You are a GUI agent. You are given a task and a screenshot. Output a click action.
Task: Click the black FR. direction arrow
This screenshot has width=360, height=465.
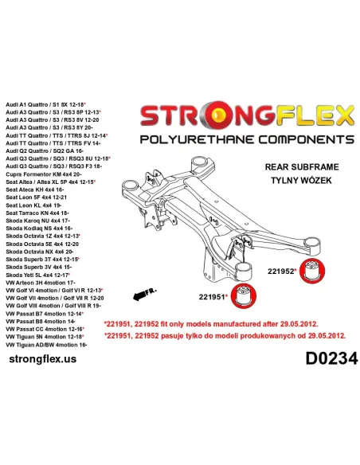pyautogui.click(x=140, y=295)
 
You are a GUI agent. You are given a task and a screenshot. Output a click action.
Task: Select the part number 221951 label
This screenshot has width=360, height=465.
pyautogui.click(x=212, y=296)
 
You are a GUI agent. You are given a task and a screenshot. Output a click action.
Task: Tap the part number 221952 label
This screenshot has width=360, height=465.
pyautogui.click(x=281, y=271)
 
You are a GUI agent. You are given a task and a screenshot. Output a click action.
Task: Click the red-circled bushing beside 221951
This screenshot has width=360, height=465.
pyautogui.click(x=244, y=295)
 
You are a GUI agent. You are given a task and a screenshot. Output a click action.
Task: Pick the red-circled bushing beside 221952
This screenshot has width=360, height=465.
pyautogui.click(x=312, y=271)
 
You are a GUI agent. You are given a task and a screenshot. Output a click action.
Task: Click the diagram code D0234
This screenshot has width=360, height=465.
pyautogui.click(x=331, y=358)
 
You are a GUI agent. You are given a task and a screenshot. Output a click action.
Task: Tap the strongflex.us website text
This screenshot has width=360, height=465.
pyautogui.click(x=43, y=359)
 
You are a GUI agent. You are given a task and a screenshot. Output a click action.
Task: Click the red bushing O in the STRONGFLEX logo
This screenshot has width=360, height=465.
pyautogui.click(x=219, y=116)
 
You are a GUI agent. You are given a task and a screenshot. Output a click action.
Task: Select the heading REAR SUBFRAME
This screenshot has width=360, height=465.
pyautogui.click(x=302, y=166)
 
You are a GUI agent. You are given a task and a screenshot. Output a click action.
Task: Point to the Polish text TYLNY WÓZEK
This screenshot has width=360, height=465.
pyautogui.click(x=301, y=180)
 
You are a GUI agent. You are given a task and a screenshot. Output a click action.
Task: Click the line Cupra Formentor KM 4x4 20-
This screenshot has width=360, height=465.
pyautogui.click(x=44, y=174)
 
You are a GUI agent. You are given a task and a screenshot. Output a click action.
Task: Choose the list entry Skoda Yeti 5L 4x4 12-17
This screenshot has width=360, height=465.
pyautogui.click(x=37, y=275)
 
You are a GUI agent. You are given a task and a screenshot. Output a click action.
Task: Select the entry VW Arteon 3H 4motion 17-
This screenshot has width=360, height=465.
pyautogui.click(x=41, y=283)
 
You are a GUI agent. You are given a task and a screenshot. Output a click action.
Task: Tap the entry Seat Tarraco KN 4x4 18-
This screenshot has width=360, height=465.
pyautogui.click(x=37, y=213)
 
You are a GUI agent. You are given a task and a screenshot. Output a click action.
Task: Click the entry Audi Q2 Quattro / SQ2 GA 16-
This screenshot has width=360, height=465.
pyautogui.click(x=44, y=151)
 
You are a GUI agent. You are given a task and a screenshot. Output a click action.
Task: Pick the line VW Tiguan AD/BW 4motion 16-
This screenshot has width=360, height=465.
pyautogui.click(x=46, y=345)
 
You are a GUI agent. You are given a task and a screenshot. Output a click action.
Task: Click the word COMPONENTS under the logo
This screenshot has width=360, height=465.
pyautogui.click(x=307, y=139)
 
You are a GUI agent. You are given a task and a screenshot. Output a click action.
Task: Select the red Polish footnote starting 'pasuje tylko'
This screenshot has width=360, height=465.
pyautogui.click(x=225, y=336)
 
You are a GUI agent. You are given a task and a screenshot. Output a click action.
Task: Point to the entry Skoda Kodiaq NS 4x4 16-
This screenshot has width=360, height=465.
pyautogui.click(x=39, y=229)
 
